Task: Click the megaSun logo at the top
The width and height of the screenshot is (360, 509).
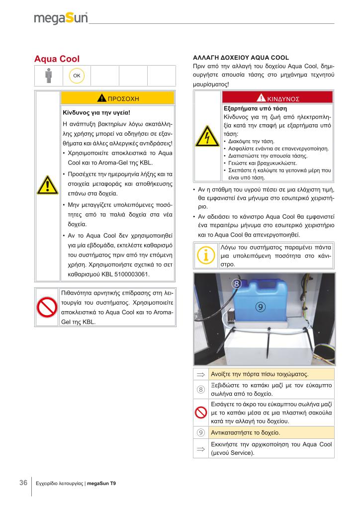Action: (61, 18)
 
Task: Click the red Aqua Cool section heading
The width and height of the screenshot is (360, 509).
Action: (57, 59)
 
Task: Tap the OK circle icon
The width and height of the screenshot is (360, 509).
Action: (77, 76)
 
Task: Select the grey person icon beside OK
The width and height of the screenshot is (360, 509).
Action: (48, 76)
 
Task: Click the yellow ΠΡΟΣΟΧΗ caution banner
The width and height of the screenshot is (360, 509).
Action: (117, 98)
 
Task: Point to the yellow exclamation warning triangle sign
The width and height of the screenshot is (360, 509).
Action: (47, 186)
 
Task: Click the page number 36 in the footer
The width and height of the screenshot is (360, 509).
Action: (23, 483)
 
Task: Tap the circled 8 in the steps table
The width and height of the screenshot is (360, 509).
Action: (201, 389)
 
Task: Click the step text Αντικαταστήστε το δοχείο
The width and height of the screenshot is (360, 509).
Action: (245, 432)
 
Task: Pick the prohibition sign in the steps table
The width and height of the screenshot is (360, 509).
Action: (201, 412)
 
